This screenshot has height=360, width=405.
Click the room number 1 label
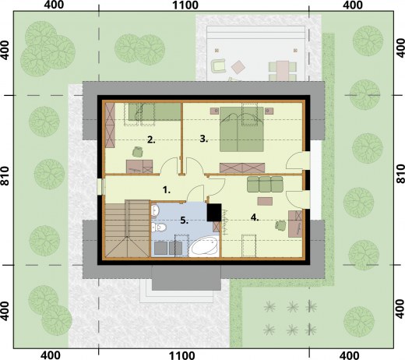point(167,190)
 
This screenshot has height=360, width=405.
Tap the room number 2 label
point(151,140)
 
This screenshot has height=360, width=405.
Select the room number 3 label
point(204,139)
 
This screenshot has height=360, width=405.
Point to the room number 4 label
point(255,217)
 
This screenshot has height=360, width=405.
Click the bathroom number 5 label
point(184,221)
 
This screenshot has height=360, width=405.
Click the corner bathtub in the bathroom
point(204,246)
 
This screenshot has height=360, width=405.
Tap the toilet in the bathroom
point(159,228)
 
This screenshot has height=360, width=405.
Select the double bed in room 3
point(241,129)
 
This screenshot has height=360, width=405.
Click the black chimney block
point(214,212)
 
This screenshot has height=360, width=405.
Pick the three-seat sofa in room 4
point(265,184)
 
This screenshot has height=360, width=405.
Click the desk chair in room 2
point(138,152)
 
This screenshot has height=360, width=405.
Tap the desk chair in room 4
point(280,225)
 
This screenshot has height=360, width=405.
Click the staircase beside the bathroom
point(127,229)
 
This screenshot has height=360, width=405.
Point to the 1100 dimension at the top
point(185,5)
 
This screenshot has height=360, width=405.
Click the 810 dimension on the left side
point(5,176)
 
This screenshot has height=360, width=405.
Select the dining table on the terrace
point(283,71)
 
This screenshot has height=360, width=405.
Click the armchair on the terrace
point(218,65)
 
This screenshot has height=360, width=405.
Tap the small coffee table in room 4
point(265,201)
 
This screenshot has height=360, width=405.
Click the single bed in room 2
point(154,111)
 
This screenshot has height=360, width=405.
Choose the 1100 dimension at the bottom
point(181,355)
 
